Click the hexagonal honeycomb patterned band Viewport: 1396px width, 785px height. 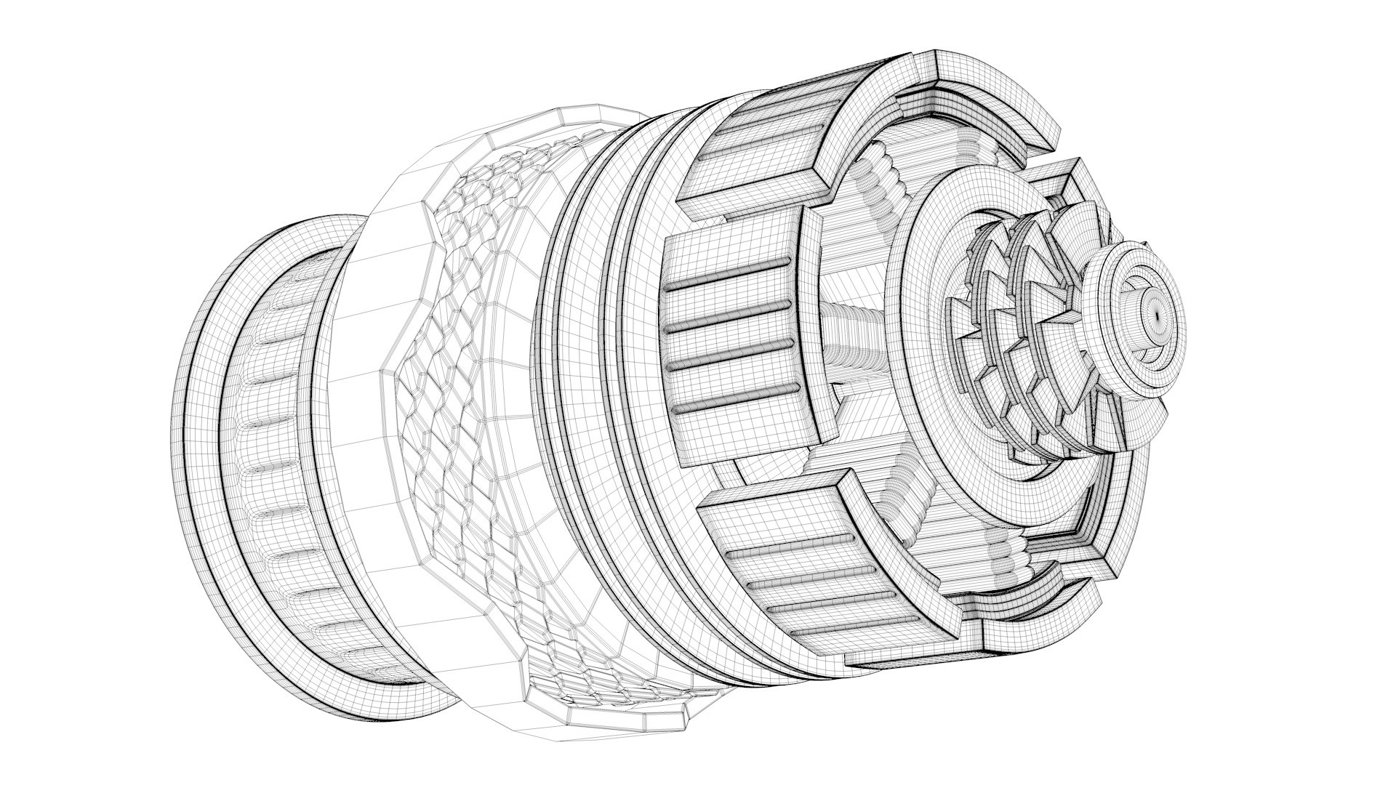pos(465,407)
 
